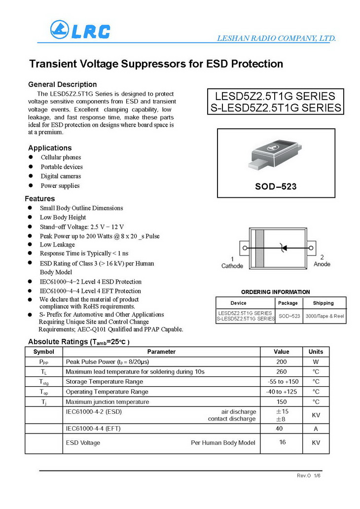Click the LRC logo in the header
click(80, 31)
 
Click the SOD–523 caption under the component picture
click(276, 187)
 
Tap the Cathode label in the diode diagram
click(232, 266)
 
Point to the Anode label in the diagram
click(322, 264)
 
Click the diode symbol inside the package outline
click(283, 248)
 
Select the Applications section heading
click(50, 148)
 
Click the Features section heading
click(40, 199)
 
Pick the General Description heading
click(63, 84)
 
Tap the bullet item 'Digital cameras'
click(61, 176)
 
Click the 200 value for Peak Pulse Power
click(282, 362)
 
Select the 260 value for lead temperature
click(282, 371)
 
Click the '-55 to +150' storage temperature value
click(282, 382)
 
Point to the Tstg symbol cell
click(44, 382)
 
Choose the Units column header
click(316, 352)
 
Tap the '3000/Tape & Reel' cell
click(324, 316)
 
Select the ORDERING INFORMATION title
click(276, 292)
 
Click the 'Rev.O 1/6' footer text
click(308, 475)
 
